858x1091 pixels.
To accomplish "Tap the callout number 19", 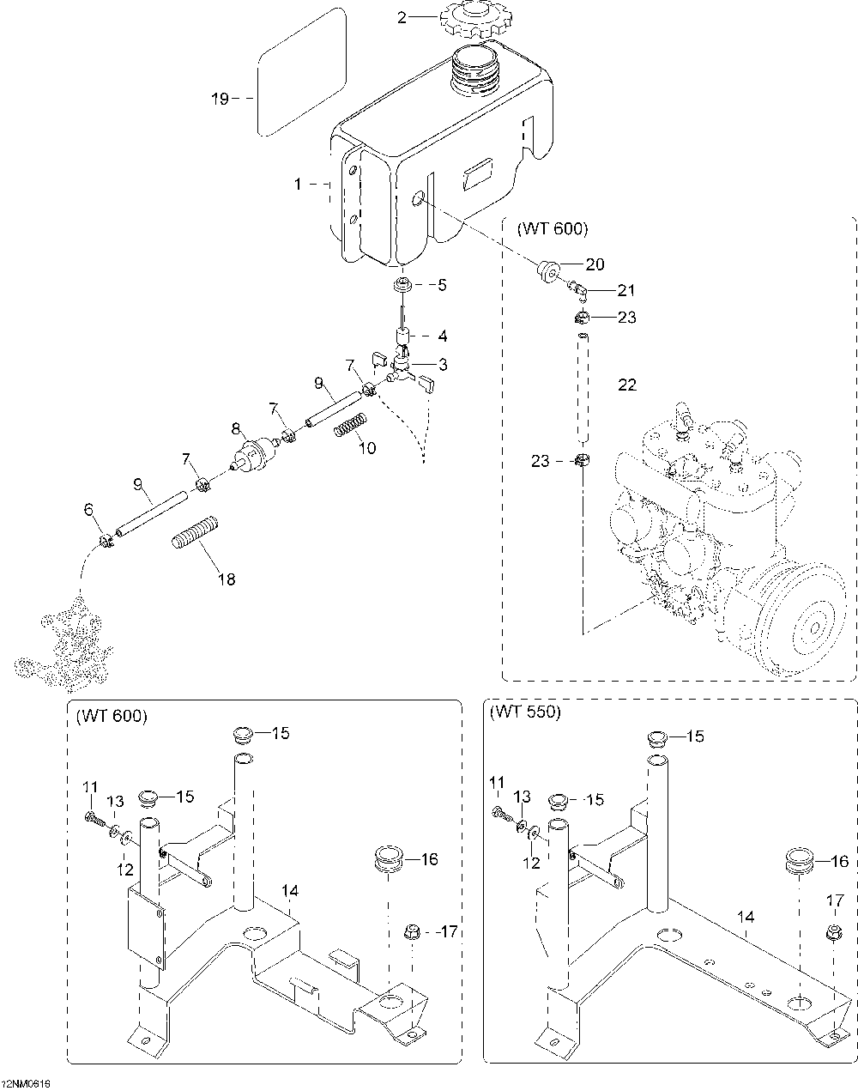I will [220, 99].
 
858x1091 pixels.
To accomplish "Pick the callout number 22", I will [627, 385].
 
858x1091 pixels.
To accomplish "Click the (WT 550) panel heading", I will [524, 712].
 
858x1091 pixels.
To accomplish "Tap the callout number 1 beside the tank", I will [298, 184].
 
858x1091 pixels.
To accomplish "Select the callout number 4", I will [443, 336].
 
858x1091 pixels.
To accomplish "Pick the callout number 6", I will [88, 510].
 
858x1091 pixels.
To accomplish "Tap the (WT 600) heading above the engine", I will [553, 229].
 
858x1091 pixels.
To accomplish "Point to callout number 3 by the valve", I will [443, 365].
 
